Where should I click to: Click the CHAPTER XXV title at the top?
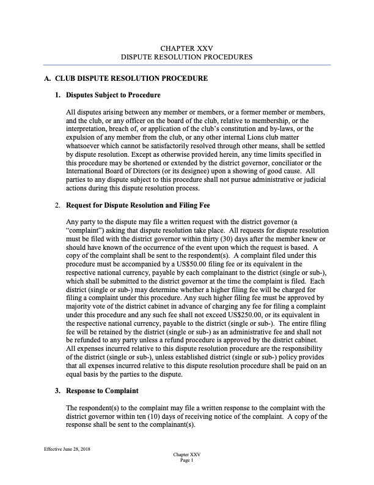coord(186,48)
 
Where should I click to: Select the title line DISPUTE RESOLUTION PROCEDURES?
coord(186,57)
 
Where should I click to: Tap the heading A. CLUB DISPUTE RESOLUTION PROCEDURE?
coord(126,79)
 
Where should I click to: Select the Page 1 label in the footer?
coord(186,461)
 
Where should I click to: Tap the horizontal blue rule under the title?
coord(186,65)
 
